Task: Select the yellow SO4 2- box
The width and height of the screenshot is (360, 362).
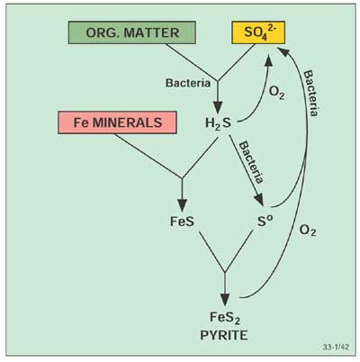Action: point(252,33)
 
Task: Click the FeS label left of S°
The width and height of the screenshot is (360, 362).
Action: point(181,219)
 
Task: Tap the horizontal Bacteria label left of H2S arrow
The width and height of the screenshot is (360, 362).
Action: point(186,83)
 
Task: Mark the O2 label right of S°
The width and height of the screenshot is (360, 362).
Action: point(307,231)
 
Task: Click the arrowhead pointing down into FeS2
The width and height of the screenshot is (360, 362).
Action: point(224,298)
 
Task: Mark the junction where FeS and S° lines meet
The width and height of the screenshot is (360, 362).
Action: point(224,270)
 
